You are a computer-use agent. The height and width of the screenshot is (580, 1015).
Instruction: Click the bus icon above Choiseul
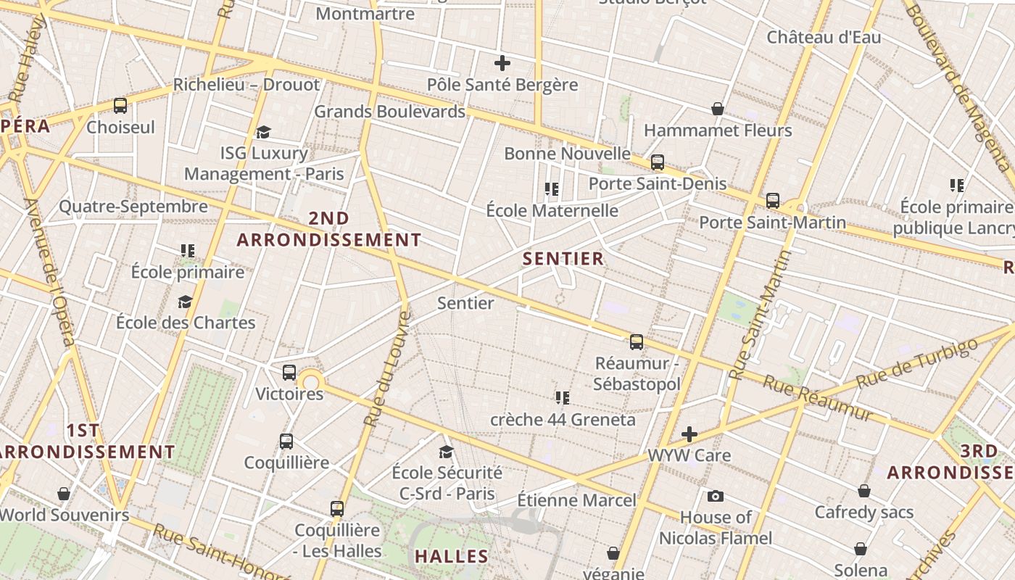(x=120, y=106)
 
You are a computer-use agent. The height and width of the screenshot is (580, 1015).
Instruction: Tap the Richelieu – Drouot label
(x=246, y=85)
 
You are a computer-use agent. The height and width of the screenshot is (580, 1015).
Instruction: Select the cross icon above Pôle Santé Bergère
(x=502, y=63)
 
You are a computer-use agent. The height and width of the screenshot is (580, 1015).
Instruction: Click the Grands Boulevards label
(x=389, y=112)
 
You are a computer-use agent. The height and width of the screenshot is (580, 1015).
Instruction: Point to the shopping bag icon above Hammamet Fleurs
(x=717, y=109)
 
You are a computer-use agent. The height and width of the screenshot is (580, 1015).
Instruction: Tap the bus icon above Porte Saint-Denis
(x=658, y=162)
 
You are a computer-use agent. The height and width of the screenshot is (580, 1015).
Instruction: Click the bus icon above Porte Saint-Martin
(x=773, y=201)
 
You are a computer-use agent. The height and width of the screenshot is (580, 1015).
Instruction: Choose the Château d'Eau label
(x=824, y=37)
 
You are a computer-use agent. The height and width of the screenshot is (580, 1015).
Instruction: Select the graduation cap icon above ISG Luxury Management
(x=263, y=132)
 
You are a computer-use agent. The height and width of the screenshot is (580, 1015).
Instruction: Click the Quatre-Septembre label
(x=133, y=207)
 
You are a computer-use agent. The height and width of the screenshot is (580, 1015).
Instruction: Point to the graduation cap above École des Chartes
(x=186, y=302)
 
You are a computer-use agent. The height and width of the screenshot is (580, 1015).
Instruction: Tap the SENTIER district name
(x=563, y=259)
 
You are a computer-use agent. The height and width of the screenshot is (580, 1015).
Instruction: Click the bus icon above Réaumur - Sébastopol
(x=637, y=342)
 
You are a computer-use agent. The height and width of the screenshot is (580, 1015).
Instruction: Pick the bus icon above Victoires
(x=289, y=373)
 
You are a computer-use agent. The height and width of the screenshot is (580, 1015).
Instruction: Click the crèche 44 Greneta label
(x=563, y=420)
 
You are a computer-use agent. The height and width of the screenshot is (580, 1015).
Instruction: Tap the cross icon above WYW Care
(x=689, y=434)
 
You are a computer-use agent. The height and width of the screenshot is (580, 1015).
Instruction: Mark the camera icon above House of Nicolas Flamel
(x=716, y=496)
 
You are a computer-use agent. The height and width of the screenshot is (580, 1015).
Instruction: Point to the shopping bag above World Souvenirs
(x=64, y=494)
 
